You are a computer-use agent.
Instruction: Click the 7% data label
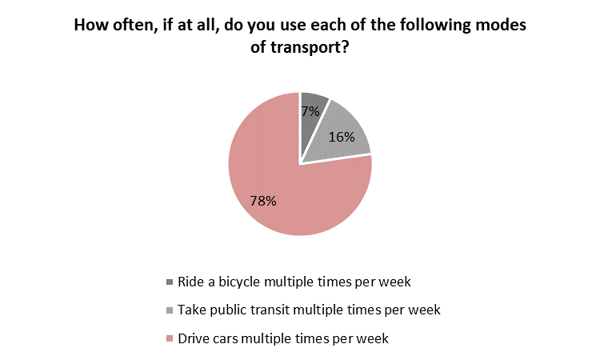click(310, 111)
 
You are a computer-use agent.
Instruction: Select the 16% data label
click(342, 137)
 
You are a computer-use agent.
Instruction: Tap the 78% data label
click(263, 201)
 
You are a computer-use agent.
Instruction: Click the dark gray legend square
click(170, 282)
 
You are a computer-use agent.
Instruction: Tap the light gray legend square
click(170, 310)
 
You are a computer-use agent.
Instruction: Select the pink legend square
click(170, 338)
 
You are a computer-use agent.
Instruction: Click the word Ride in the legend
click(191, 282)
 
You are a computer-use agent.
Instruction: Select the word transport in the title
click(309, 47)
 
